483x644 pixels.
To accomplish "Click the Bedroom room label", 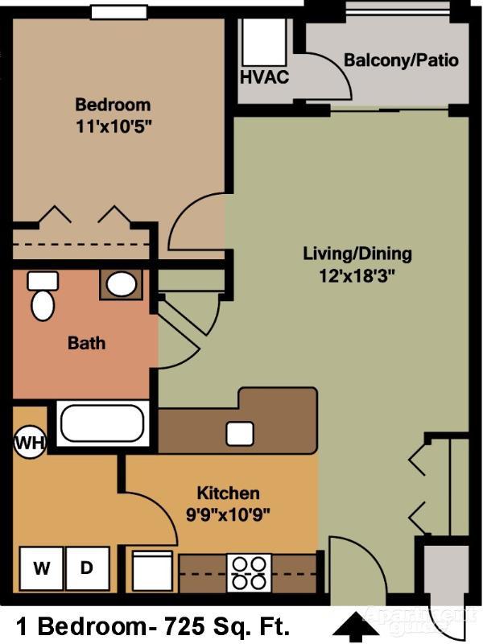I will coord(113,105).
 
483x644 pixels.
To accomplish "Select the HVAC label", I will coord(263,78).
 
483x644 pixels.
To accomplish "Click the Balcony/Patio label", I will coord(401,60).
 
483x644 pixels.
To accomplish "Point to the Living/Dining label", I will coord(357,254).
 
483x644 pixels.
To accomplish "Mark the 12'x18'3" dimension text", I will coord(357,275).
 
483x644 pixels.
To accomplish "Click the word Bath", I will coord(86,343).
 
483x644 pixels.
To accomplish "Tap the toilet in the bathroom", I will coord(42,298).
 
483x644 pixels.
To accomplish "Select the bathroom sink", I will coord(122,284).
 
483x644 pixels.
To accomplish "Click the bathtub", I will coord(102,423).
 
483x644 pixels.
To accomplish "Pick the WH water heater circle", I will coord(30,442).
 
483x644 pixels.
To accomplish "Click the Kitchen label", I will coord(229,493).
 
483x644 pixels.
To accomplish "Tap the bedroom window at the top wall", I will coord(118,12).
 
